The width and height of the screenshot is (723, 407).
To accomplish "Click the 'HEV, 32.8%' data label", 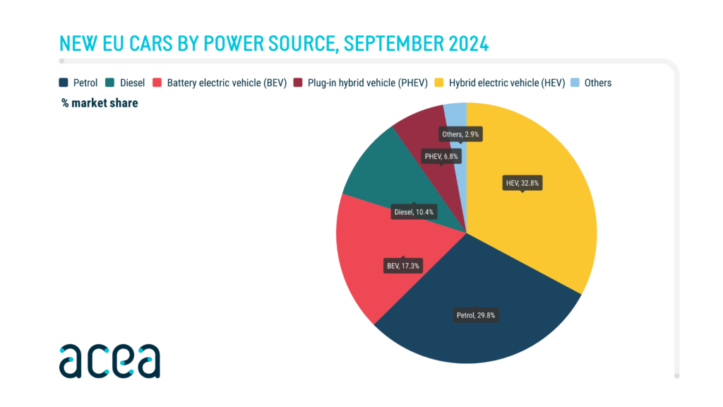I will [x=522, y=183].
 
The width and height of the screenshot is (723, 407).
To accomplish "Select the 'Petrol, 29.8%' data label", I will [x=476, y=315].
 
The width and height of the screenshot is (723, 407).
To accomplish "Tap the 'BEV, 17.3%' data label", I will [x=402, y=267].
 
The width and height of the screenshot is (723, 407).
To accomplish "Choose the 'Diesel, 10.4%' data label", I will [x=414, y=211].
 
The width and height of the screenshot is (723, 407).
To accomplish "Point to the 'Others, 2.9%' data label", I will [x=462, y=134].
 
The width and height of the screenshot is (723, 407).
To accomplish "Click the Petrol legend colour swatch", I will [x=64, y=83].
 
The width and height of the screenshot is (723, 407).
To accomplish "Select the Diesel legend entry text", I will [x=132, y=83].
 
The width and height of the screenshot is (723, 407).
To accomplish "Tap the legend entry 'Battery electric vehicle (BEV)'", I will [x=226, y=83].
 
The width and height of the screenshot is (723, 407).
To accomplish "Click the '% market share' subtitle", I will [x=100, y=103].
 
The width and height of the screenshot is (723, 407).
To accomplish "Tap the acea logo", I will [x=109, y=361].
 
